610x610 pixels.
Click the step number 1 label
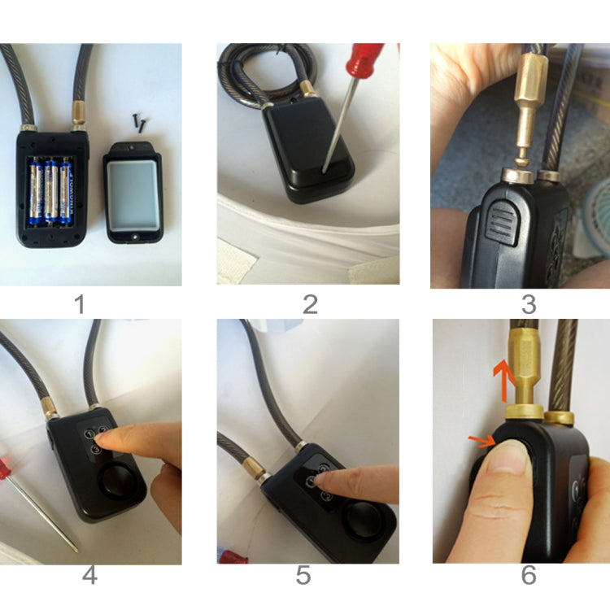[80, 304]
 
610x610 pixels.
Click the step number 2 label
[309, 304]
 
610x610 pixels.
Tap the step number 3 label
[529, 304]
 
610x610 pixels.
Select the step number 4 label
[89, 576]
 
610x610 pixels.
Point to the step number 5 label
[303, 576]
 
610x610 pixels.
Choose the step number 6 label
[529, 576]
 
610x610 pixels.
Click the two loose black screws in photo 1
[138, 122]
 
